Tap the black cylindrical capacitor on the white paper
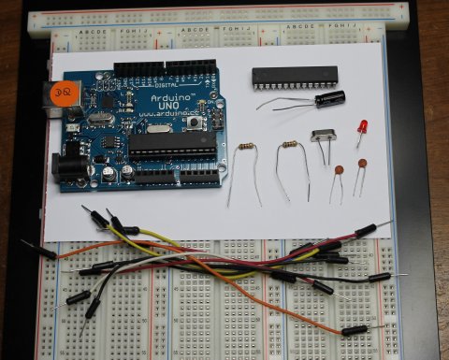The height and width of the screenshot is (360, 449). point(329,98)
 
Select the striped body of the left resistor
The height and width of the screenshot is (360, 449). point(246,147)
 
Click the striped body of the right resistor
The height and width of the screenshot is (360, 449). point(290,145)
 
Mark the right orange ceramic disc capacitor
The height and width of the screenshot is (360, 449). point(361,165)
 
